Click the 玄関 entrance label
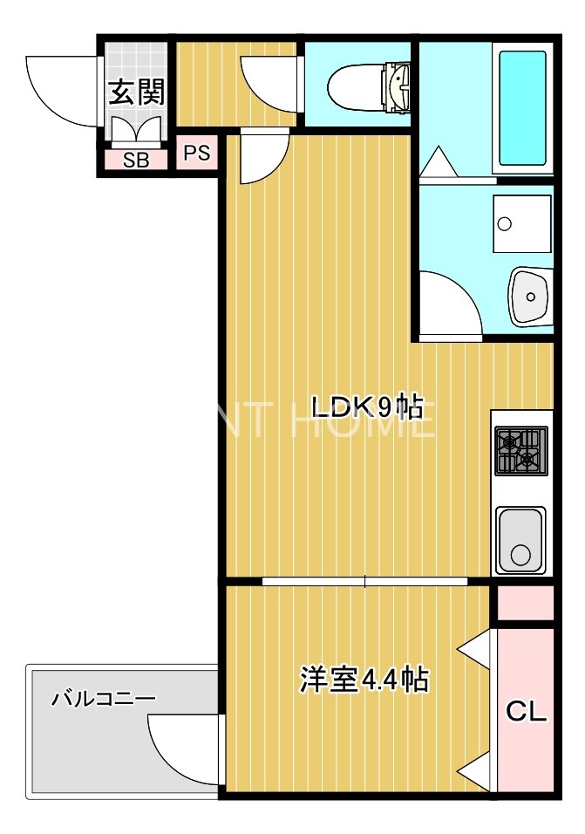tap(137, 92)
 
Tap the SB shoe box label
tap(135, 160)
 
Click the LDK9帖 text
tap(368, 407)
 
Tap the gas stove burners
tap(521, 451)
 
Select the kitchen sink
tap(520, 539)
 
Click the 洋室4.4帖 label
tap(364, 679)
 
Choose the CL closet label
tap(527, 712)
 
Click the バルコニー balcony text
tap(103, 699)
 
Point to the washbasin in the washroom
tap(529, 296)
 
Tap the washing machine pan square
tap(521, 223)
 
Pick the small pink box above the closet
tap(526, 602)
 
